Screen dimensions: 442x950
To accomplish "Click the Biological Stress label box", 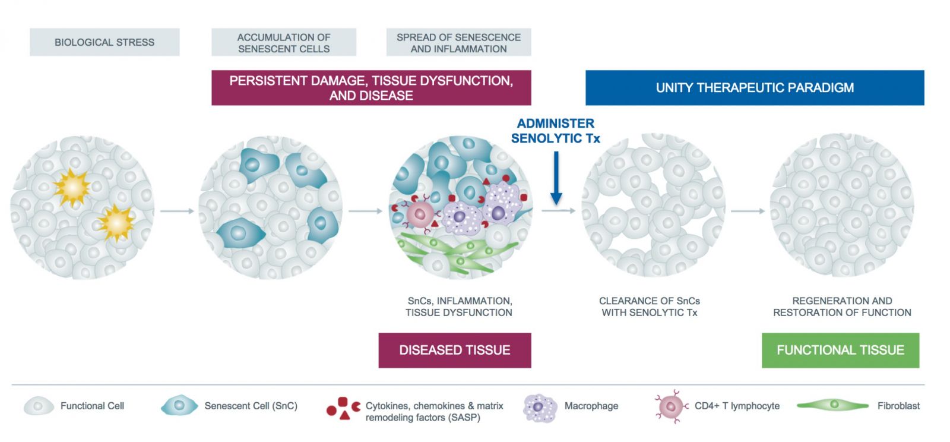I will point(104,42).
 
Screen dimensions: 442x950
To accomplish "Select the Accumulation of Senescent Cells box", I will point(284,42).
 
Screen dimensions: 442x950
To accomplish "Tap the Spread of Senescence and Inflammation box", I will point(458,42).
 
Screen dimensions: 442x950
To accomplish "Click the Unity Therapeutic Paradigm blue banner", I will point(754,88).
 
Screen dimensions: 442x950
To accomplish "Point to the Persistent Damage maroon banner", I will point(371,88).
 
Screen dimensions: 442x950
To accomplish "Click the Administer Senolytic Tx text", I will point(555,131).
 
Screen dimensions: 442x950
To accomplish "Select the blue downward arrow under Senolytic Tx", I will point(556,178).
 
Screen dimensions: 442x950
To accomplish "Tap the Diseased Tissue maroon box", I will point(455,350).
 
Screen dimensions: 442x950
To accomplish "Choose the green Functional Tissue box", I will point(840,350).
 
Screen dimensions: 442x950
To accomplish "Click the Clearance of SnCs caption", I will point(649,307).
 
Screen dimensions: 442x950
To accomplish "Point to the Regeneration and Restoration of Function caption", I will point(841,307).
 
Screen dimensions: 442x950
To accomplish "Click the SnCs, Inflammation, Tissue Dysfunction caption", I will point(459,307).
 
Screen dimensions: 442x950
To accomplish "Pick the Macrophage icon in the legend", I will point(539,408).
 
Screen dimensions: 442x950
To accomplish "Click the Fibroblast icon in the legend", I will point(833,405).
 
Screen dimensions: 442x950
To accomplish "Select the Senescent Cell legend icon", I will point(179,406).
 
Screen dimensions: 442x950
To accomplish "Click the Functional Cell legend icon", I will point(38,406).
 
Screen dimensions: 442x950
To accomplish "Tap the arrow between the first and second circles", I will point(177,211).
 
